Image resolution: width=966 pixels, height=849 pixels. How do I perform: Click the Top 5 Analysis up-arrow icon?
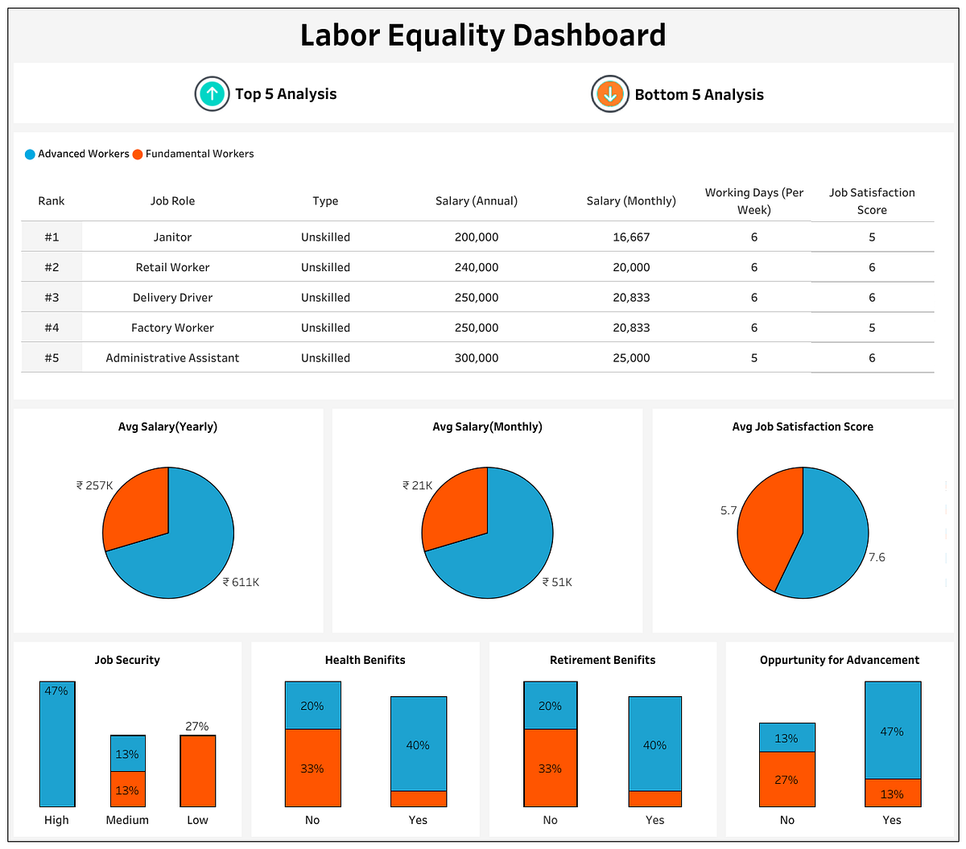coord(213,94)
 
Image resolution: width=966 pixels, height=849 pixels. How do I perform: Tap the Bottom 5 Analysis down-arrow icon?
coord(609,94)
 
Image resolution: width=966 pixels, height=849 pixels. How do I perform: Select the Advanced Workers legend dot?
coord(30,154)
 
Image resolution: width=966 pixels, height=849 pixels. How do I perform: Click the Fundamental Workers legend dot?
coord(138,154)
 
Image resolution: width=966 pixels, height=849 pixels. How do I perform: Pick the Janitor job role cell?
coord(172,237)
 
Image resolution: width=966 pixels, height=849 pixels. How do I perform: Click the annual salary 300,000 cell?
coord(476,358)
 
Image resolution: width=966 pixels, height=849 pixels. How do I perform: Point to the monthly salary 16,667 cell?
coord(630,237)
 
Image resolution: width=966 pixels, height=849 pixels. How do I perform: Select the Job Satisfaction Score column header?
coord(872,201)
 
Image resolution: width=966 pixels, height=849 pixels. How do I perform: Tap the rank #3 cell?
coord(52,298)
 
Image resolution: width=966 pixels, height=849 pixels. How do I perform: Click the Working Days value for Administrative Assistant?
coord(753,358)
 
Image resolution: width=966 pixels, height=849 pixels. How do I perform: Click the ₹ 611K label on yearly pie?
coord(242,582)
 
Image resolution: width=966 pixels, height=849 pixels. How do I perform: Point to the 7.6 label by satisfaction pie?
coord(877,557)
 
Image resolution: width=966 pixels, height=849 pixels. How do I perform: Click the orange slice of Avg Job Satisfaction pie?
coord(765,531)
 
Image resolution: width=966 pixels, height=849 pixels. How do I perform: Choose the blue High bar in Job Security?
coord(57,744)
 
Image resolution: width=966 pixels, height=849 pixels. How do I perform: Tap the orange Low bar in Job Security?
coord(197,771)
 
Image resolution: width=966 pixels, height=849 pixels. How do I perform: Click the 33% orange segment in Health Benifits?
coord(312,768)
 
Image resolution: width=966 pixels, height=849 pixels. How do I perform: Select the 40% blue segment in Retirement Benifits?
coord(654,744)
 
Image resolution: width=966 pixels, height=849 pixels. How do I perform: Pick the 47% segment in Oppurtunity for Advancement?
coord(892,731)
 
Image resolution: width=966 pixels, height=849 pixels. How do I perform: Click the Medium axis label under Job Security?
coord(127,820)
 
